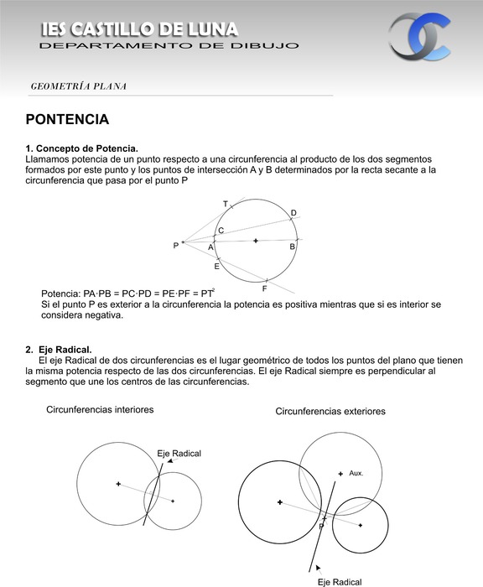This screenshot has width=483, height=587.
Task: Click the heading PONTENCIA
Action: pyautogui.click(x=68, y=120)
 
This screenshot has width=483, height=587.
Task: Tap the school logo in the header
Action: pyautogui.click(x=419, y=37)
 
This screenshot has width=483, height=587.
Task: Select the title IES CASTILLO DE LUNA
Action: pyautogui.click(x=139, y=30)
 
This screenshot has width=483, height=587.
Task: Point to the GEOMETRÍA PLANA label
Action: pyautogui.click(x=78, y=86)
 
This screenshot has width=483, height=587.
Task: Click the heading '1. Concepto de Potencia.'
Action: pyautogui.click(x=81, y=148)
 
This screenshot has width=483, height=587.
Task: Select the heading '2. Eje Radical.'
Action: pyautogui.click(x=59, y=350)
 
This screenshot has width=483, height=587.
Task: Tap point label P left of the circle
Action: pyautogui.click(x=176, y=246)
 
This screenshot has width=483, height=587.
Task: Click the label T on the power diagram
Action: pyautogui.click(x=226, y=205)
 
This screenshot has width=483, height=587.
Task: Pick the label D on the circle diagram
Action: pyautogui.click(x=293, y=213)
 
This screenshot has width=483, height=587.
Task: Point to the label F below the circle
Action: pyautogui.click(x=264, y=288)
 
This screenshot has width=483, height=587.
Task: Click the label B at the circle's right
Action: pyautogui.click(x=292, y=247)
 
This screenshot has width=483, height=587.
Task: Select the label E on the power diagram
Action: pyautogui.click(x=216, y=267)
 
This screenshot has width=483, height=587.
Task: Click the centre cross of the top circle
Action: pyautogui.click(x=255, y=241)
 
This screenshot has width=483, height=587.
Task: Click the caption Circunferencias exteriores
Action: pyautogui.click(x=330, y=412)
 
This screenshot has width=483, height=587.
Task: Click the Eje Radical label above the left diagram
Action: pyautogui.click(x=179, y=454)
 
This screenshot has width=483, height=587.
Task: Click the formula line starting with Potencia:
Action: pyautogui.click(x=127, y=293)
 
